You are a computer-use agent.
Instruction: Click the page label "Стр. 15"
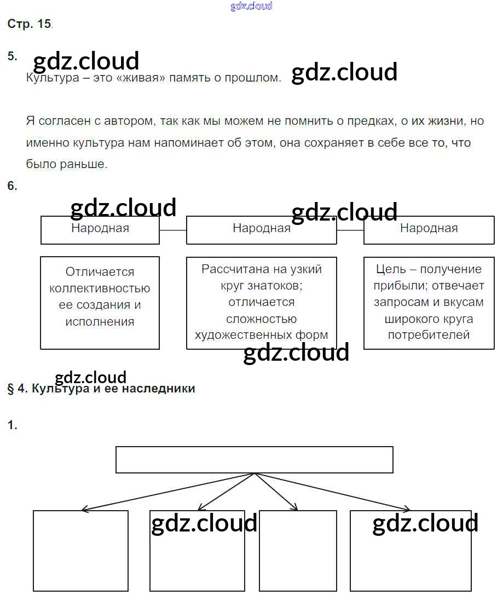(29, 24)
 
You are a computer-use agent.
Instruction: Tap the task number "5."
(12, 56)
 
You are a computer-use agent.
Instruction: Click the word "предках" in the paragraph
(371, 121)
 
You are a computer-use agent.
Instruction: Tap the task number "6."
(12, 186)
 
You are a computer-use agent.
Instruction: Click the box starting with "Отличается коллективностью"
(100, 302)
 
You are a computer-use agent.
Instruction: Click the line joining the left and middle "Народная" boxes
(173, 230)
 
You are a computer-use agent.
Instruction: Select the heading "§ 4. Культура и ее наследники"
(101, 389)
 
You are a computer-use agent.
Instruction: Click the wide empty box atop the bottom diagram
(254, 459)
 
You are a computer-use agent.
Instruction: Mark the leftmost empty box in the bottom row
(80, 550)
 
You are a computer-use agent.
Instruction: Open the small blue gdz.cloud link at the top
(251, 7)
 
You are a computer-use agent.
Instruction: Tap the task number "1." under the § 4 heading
(12, 425)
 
